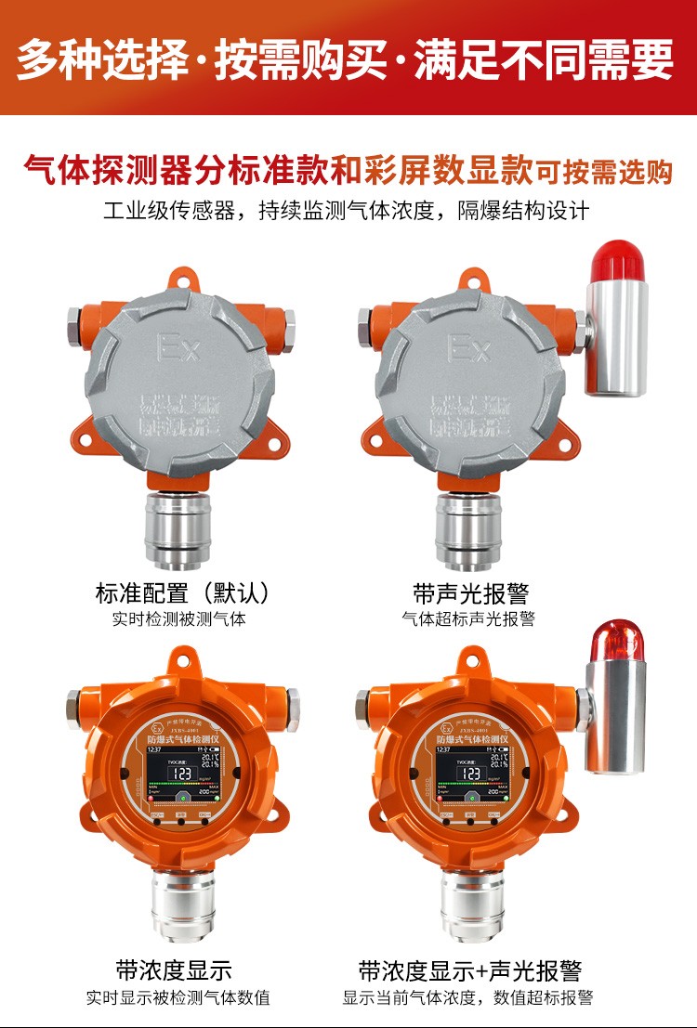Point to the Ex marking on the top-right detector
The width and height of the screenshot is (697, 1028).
pos(469,348)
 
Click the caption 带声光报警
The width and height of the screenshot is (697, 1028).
pos(470,592)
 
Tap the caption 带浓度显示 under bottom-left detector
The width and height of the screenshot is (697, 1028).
pos(174,971)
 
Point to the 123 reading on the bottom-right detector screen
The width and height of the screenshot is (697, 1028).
pos(470,774)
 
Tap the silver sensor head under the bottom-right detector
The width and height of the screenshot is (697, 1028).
pos(471,905)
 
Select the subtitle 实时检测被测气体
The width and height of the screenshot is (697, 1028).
pos(179,618)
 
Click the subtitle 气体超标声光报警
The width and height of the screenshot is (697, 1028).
pos(468,618)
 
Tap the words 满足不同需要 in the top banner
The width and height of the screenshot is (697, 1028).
pos(545,59)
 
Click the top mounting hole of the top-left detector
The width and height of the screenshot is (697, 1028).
pos(179,276)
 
